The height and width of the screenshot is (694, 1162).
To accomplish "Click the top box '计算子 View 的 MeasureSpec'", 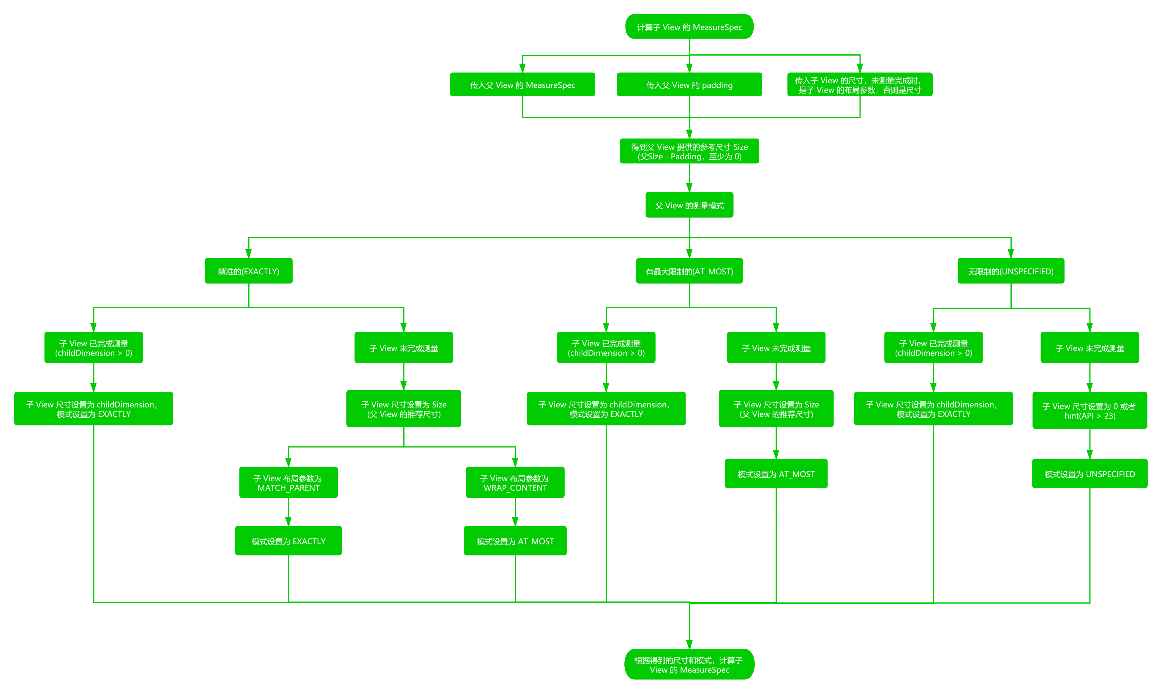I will [x=689, y=27].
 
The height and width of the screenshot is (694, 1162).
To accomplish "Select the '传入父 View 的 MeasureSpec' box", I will [x=522, y=85].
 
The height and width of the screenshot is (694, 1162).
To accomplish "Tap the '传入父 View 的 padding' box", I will [x=689, y=85].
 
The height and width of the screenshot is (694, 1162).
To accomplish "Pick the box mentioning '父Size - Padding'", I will [x=689, y=151].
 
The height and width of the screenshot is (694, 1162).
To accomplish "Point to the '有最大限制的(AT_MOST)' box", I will [x=689, y=271].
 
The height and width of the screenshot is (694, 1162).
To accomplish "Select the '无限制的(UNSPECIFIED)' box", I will [x=1011, y=271].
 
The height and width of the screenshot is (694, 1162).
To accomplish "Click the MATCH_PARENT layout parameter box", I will [x=288, y=483].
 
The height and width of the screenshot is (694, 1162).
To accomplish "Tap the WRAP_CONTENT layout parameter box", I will [x=515, y=483].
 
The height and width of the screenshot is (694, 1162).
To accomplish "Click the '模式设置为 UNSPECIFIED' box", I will [x=1089, y=474].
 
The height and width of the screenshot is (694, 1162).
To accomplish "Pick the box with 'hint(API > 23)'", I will [x=1089, y=410].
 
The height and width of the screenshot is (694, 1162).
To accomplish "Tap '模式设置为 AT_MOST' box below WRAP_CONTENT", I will [x=515, y=541].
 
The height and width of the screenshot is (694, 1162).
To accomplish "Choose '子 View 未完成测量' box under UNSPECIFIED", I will [x=1089, y=348].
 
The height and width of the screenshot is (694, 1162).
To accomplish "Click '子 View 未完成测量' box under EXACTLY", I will [x=404, y=348].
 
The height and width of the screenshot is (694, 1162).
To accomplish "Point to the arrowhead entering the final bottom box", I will [x=689, y=643].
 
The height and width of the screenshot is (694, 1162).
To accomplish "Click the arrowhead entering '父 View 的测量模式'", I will [x=689, y=186].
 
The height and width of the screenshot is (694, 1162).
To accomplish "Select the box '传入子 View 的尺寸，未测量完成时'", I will [x=860, y=85].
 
